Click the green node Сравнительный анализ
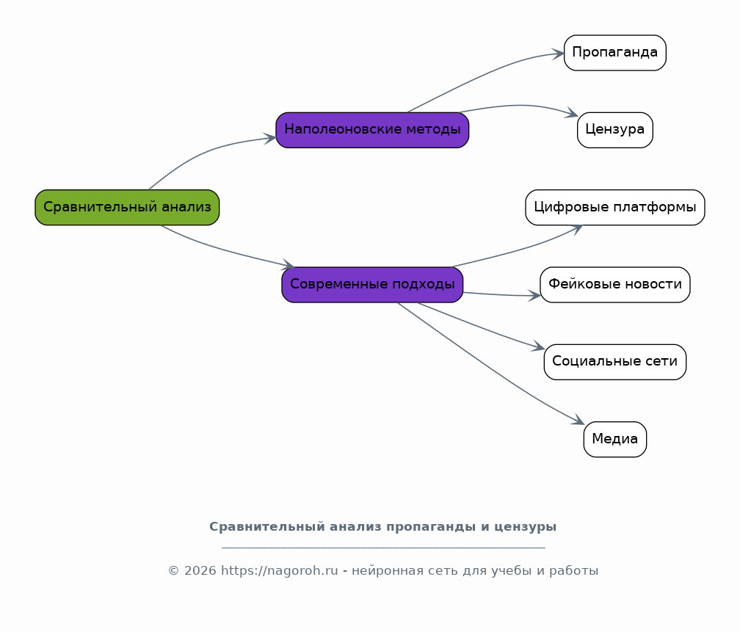pos(127,207)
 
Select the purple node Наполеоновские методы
pos(372,130)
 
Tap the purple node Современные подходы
pos(372,285)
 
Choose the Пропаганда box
pos(615,53)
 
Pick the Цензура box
pos(615,130)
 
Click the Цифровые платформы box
pos(615,207)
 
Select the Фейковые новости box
pos(615,285)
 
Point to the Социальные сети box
pos(615,362)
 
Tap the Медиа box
pos(615,440)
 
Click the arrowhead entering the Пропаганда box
pos(558,54)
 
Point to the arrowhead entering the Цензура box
pos(572,113)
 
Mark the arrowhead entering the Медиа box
pos(578,420)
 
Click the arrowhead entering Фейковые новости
pos(534,296)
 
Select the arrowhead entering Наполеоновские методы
pos(270,138)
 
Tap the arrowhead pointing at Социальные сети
pos(539,346)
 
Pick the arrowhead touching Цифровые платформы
pos(577,230)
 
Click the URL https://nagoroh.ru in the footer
pos(280,570)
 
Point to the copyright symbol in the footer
pos(174,570)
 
